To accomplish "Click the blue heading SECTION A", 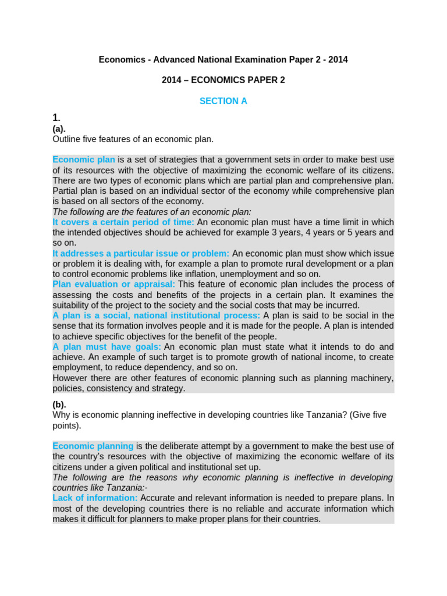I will point(223,101).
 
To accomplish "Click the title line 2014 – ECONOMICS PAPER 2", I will point(223,80).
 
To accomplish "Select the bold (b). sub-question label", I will point(59,405).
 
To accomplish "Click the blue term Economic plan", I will point(84,159).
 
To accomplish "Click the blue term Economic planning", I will point(93,446).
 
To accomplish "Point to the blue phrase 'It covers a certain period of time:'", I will point(123,222).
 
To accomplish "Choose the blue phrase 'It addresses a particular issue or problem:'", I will point(141,253).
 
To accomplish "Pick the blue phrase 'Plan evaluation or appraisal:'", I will point(113,284).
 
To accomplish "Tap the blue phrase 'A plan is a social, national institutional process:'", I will point(157,315).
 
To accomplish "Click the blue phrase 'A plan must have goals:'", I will point(107,347).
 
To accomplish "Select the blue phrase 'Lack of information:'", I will point(95,498).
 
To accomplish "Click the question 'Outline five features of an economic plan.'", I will point(133,139).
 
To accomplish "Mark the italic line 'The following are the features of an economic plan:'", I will point(152,212).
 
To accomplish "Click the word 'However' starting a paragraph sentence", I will point(70,378).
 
